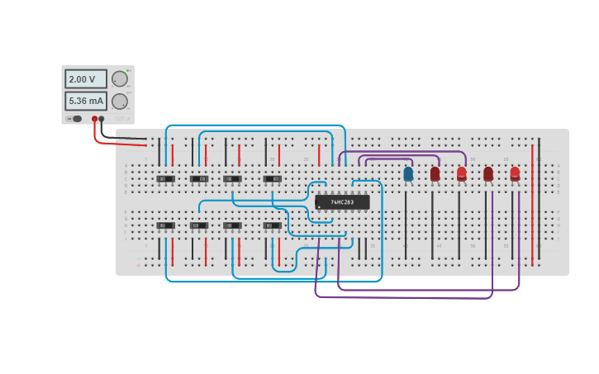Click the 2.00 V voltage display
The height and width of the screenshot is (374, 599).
86,79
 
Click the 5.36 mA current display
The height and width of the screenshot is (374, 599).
86,101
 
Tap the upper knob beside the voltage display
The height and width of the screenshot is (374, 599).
120,78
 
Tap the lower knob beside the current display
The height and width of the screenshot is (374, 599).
120,101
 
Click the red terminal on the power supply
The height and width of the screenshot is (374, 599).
94,119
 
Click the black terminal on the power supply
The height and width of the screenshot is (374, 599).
102,119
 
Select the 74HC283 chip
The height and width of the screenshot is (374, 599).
342,201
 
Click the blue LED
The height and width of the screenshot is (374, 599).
408,173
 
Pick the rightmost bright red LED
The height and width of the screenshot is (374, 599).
515,173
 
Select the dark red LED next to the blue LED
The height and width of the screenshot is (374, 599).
435,173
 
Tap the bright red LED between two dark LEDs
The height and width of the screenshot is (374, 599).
461,173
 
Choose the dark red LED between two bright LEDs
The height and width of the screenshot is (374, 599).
488,173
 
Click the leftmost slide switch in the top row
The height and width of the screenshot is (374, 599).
165,178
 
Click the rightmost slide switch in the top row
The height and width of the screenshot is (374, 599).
273,178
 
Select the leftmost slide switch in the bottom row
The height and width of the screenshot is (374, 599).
165,225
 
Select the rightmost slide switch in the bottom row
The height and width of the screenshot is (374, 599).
273,225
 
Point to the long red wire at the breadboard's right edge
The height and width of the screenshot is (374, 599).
532,206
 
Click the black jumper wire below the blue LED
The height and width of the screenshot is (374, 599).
406,223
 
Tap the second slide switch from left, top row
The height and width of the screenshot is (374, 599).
199,178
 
